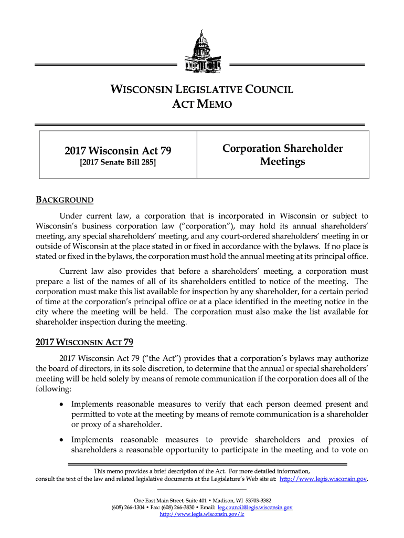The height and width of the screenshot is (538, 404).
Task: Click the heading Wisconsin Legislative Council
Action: [x=201, y=89]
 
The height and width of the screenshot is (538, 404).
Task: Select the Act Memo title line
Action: [x=201, y=105]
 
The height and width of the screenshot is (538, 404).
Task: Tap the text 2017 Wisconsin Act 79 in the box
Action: [x=118, y=151]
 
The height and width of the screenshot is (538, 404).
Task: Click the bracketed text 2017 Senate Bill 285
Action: [x=118, y=163]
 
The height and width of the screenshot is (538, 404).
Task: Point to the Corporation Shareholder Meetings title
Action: [x=282, y=155]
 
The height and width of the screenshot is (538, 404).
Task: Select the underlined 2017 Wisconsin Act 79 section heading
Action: [x=84, y=343]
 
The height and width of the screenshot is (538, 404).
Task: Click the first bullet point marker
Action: [x=62, y=405]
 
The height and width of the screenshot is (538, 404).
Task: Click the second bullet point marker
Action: [x=62, y=440]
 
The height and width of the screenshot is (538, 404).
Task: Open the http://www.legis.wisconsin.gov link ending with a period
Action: [x=324, y=479]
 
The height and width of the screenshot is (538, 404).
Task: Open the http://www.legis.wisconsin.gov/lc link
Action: [x=202, y=514]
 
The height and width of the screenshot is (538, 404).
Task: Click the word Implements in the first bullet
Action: [x=92, y=404]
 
